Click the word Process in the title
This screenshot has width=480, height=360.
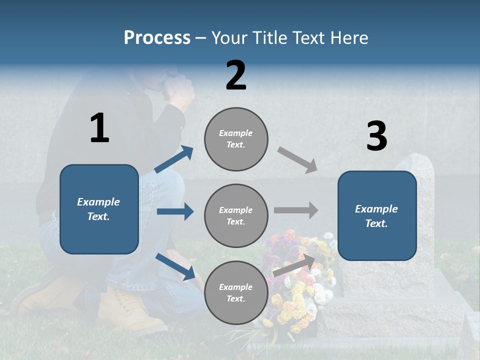tap(157, 38)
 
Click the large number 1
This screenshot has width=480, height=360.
tap(99, 128)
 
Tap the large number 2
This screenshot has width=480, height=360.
tap(236, 75)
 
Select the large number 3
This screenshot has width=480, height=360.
tap(376, 136)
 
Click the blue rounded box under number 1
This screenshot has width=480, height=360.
tap(99, 209)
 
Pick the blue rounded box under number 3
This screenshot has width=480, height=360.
tap(377, 215)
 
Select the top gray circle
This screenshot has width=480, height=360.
tap(236, 139)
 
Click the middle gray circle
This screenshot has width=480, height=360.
tap(236, 215)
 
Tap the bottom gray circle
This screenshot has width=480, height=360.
tap(236, 292)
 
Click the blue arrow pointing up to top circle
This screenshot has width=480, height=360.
tap(174, 159)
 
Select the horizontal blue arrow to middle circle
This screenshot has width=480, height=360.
tap(175, 211)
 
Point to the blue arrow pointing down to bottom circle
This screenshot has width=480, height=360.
tap(175, 266)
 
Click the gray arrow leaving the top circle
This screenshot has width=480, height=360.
tap(297, 160)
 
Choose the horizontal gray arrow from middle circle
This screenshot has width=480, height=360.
tap(296, 210)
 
